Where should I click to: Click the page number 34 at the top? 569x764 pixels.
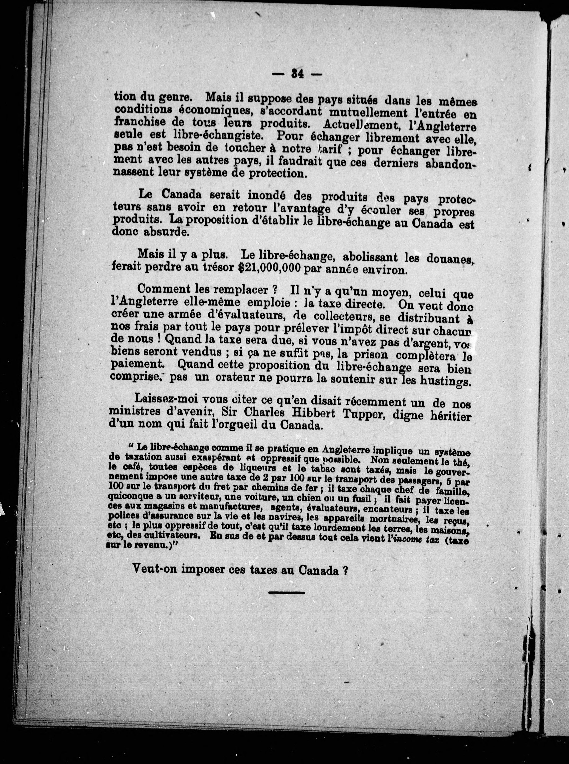[296, 74]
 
